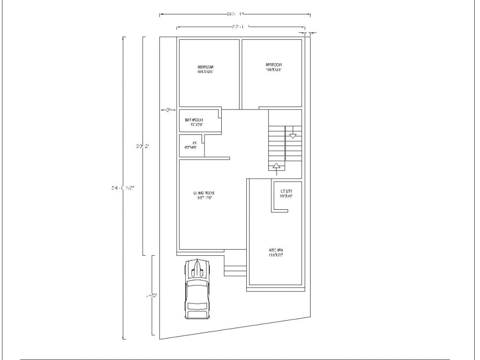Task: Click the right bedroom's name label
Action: coord(274,65)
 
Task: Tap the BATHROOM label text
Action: coord(194,120)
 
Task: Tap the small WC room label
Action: coord(195,143)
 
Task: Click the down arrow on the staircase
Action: coord(293,135)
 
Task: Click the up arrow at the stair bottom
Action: coord(276,166)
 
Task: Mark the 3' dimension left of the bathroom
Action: coord(168,110)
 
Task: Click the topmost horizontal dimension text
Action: coord(235,14)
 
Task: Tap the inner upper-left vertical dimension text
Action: coord(140,146)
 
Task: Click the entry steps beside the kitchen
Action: coord(235,271)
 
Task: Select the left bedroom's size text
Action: coord(205,72)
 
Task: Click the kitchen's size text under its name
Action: coord(276,255)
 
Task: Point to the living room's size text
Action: coord(204,198)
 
